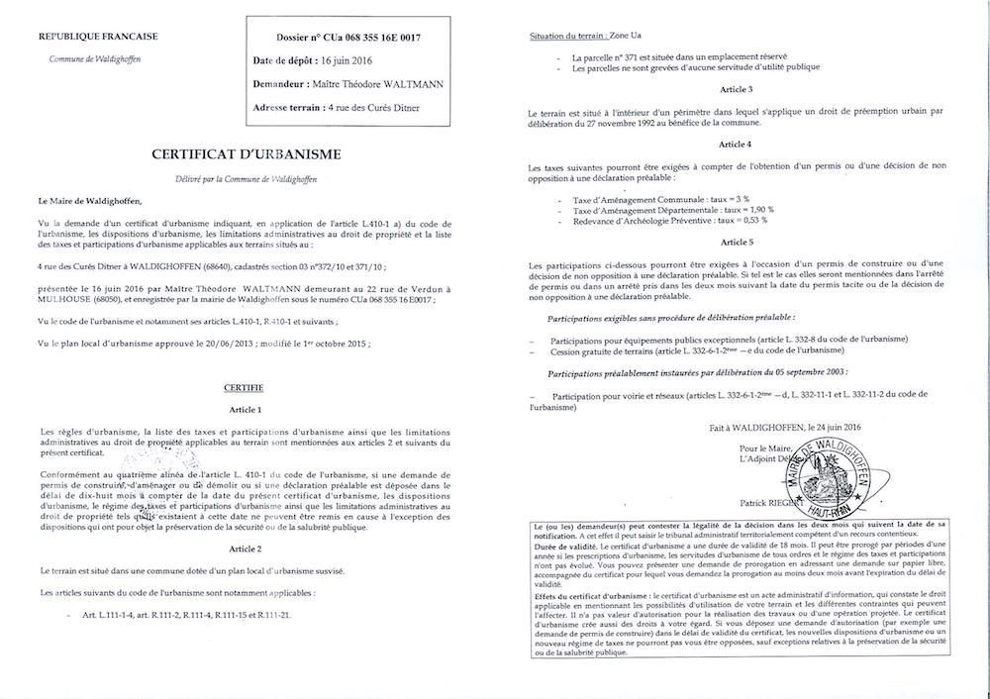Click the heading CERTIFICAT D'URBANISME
pyautogui.click(x=246, y=154)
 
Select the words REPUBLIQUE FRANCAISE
pyautogui.click(x=97, y=38)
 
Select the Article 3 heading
pyautogui.click(x=736, y=90)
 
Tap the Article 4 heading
pyautogui.click(x=736, y=145)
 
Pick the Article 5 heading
pyautogui.click(x=736, y=242)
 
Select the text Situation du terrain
pyautogui.click(x=571, y=36)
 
